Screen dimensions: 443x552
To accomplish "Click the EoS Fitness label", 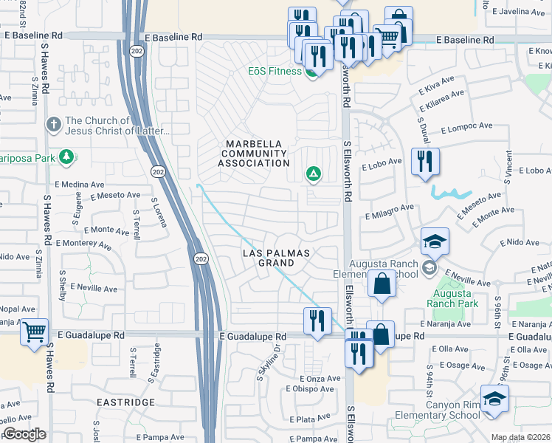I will [274, 71].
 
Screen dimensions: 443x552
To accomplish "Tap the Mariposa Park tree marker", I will [67, 157].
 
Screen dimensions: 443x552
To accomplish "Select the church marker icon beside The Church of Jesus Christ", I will [52, 125].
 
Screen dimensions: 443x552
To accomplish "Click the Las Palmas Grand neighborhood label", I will [277, 258].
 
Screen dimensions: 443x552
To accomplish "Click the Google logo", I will [24, 434].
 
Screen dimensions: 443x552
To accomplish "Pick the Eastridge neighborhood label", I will [125, 402].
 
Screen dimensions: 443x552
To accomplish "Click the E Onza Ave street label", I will [322, 378].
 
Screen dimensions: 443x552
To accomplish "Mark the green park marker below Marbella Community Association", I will [313, 174].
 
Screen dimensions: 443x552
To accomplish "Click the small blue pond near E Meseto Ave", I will [451, 193].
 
